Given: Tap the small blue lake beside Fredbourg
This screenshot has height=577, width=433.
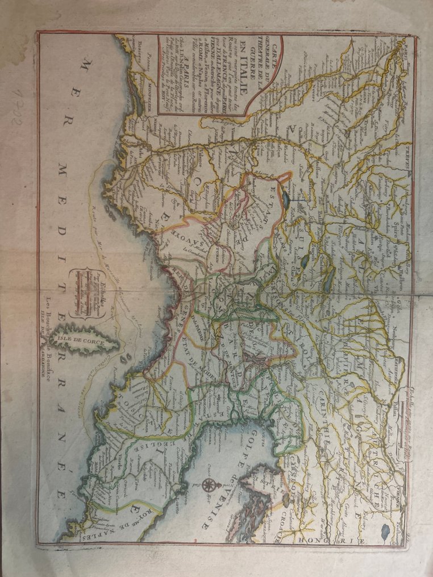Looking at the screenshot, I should tap(386, 530).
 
